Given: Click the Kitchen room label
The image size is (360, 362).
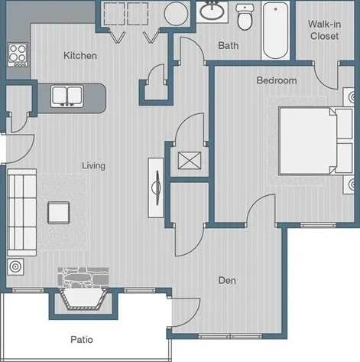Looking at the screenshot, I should point(79,55).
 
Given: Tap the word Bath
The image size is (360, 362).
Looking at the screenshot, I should point(228,46).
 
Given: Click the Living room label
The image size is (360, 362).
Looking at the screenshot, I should point(94,165).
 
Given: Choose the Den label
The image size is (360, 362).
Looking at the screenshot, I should point(225,281).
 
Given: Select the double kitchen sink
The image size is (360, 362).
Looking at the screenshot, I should point(68,95).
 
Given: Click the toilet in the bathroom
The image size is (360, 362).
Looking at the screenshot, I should point(245,17).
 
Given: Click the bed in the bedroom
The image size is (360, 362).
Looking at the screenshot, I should point(310,142).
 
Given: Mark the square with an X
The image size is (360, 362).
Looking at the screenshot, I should point(187,161).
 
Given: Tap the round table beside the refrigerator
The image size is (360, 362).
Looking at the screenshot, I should point(177,14).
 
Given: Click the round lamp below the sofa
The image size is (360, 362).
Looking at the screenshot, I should point(15,267).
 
